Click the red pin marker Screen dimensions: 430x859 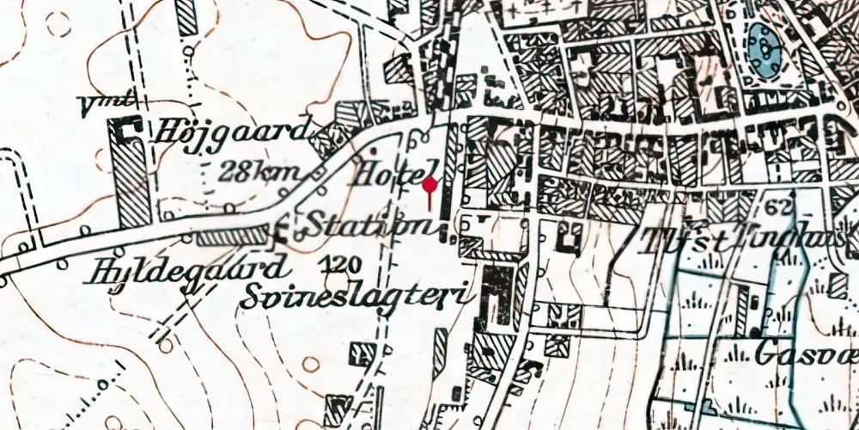coord(429,185)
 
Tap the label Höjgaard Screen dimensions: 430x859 coord(232,132)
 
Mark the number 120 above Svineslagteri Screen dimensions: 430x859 coord(343,263)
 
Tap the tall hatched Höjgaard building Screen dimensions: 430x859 coord(134,181)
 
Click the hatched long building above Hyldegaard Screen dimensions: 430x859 coord(229,236)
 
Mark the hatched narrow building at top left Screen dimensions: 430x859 coord(186,17)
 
